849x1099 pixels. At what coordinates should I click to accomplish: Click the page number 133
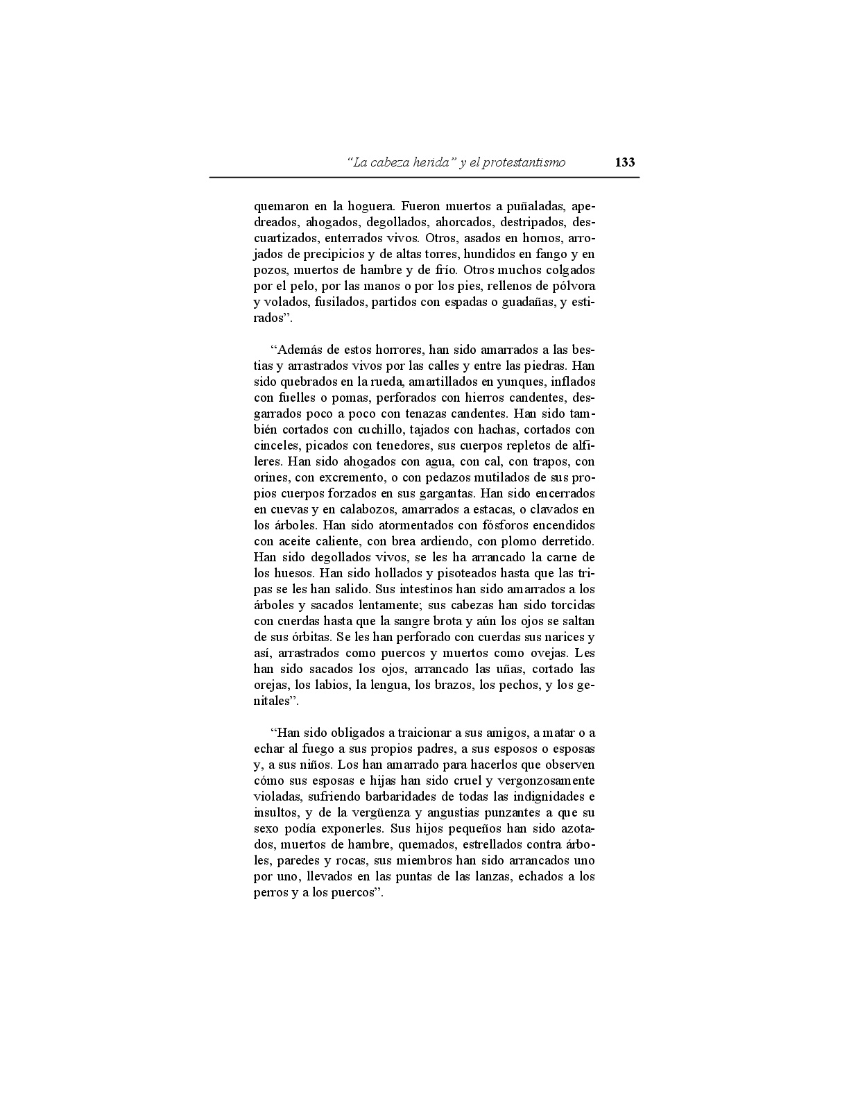pos(624,162)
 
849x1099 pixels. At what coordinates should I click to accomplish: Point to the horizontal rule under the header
pos(424,178)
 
